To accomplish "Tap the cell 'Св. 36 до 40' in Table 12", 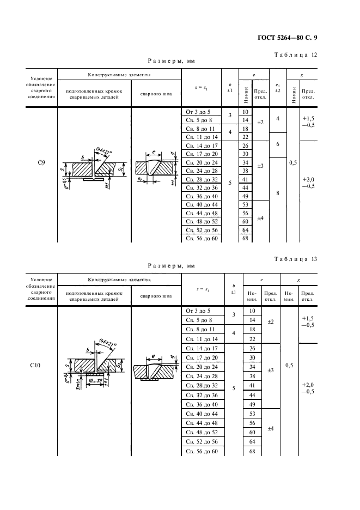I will coord(202,196).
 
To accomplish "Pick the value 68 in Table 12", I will coord(245,239).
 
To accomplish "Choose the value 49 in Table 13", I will coord(252,404).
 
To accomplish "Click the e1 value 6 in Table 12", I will coord(278,144).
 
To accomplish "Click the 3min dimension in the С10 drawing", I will coord(78,383).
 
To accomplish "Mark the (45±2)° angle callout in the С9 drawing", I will coord(104,150).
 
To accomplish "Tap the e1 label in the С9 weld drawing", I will coord(141,178).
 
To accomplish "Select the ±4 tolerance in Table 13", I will coord(271,428).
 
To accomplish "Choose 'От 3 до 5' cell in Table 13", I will coord(202,311).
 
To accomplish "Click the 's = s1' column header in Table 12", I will coord(204,87).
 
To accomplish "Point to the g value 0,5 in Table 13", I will coord(289,366).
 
